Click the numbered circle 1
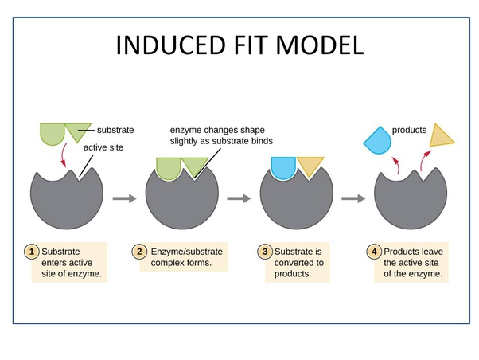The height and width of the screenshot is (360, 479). (x=33, y=252)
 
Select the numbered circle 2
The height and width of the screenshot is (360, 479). (x=139, y=252)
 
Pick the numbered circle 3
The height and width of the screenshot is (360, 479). (x=265, y=252)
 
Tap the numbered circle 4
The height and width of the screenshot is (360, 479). (x=374, y=252)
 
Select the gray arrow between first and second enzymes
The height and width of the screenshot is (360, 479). (x=125, y=198)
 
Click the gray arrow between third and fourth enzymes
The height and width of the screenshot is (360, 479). (x=352, y=198)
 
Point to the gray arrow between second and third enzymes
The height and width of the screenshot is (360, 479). (x=239, y=198)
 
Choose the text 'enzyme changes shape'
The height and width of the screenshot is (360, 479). (x=217, y=130)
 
